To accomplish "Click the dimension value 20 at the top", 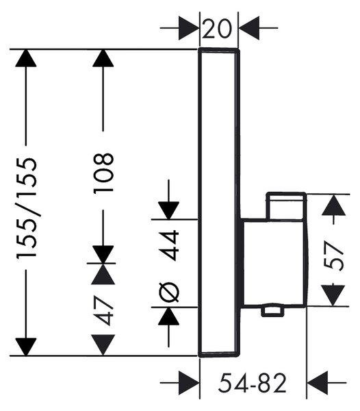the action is pyautogui.click(x=217, y=29).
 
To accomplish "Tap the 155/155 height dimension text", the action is pyautogui.click(x=26, y=208).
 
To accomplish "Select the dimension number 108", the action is pyautogui.click(x=103, y=173).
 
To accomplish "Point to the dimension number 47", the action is pyautogui.click(x=103, y=310).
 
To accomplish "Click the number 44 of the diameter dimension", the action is pyautogui.click(x=169, y=245).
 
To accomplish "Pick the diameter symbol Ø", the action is pyautogui.click(x=169, y=292).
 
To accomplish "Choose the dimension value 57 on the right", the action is pyautogui.click(x=333, y=256).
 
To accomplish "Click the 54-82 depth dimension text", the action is pyautogui.click(x=252, y=383).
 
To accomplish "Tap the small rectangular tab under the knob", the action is pyautogui.click(x=272, y=310).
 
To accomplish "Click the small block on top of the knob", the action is pyautogui.click(x=286, y=206).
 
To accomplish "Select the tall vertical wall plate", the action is pyautogui.click(x=219, y=202).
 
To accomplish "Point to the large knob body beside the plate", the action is pyautogui.click(x=274, y=263).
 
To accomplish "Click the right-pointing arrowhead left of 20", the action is pyautogui.click(x=188, y=28).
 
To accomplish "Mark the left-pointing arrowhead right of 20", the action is pyautogui.click(x=249, y=28).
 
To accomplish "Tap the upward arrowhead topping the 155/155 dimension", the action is pyautogui.click(x=25, y=58).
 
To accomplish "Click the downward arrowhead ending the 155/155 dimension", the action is pyautogui.click(x=25, y=347).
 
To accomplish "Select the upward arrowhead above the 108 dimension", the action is pyautogui.click(x=103, y=58).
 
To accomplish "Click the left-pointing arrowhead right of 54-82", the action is pyautogui.click(x=317, y=383).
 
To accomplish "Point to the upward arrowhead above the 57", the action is pyautogui.click(x=333, y=205).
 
